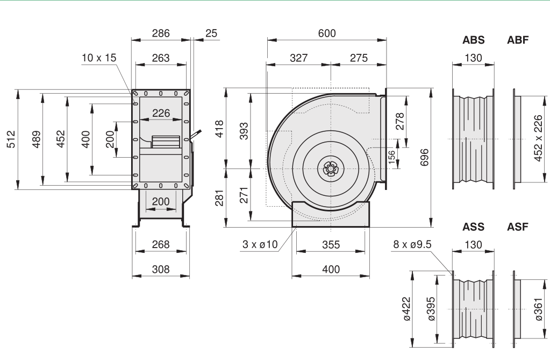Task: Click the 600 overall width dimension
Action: pyautogui.click(x=326, y=33)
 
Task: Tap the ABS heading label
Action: pyautogui.click(x=473, y=40)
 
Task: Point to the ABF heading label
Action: pyautogui.click(x=518, y=40)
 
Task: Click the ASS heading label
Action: pyautogui.click(x=473, y=227)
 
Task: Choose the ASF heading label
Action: pyautogui.click(x=518, y=227)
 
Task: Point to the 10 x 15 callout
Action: pyautogui.click(x=99, y=58)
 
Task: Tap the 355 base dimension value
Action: pyautogui.click(x=331, y=245)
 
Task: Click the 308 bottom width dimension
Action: pyautogui.click(x=160, y=270)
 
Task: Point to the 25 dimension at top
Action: pyautogui.click(x=211, y=33)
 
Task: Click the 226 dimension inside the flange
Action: pyautogui.click(x=160, y=113)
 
